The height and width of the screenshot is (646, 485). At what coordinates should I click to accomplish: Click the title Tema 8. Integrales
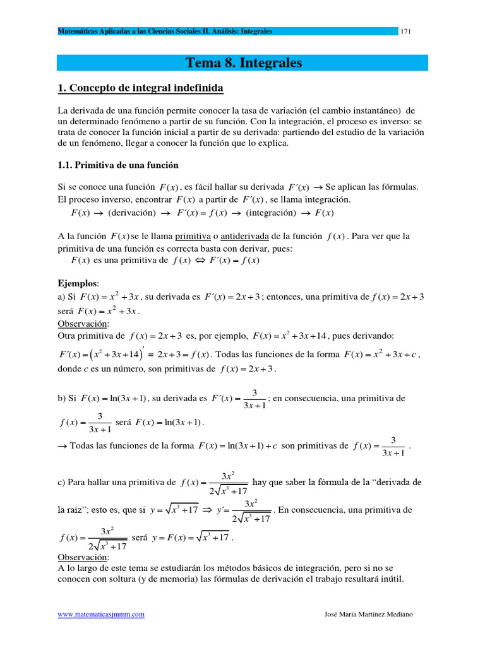[x=243, y=63]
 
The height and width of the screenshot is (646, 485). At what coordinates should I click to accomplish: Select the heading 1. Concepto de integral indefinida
[x=140, y=88]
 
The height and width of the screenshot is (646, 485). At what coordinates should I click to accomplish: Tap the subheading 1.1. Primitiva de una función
[x=118, y=165]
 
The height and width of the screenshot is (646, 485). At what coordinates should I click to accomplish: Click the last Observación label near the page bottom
[x=83, y=558]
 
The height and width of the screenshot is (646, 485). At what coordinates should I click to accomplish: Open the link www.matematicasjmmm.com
[x=101, y=614]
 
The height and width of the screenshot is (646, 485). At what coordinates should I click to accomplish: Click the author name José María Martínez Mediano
[x=368, y=614]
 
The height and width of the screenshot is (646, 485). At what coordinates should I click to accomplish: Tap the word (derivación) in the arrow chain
[x=126, y=213]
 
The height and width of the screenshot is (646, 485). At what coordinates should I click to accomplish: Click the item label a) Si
[x=68, y=297]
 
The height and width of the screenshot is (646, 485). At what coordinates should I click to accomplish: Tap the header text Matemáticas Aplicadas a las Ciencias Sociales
[x=152, y=31]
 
